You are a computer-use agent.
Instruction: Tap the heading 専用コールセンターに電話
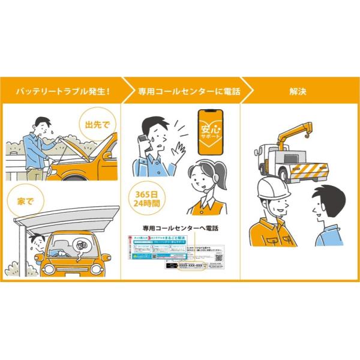181,91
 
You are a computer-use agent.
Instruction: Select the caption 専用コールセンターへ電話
181,228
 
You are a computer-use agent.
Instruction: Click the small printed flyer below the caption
181,252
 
